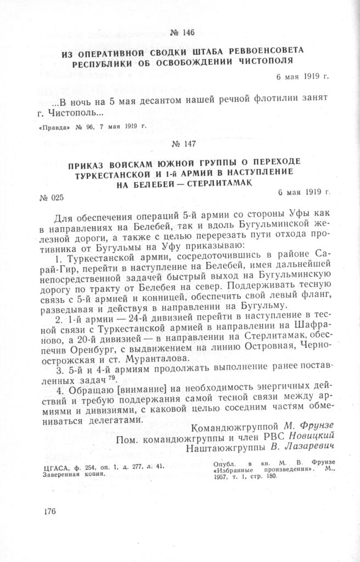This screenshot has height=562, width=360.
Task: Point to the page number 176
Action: [49, 512]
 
